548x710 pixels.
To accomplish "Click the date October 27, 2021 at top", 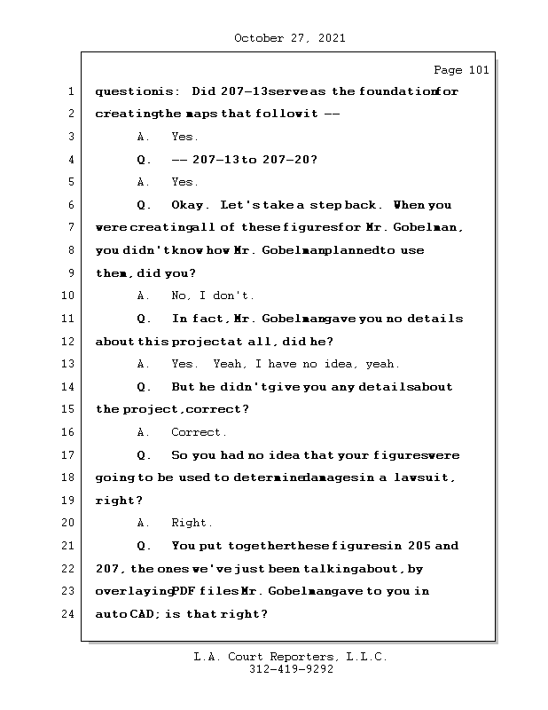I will point(289,38).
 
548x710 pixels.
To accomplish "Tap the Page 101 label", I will point(460,70).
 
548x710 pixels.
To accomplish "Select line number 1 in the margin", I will point(70,91).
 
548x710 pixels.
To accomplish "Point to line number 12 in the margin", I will point(68,342).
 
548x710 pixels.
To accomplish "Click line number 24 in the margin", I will point(68,614).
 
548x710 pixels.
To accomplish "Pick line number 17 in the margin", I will point(68,455).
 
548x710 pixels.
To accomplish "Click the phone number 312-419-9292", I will point(291,670).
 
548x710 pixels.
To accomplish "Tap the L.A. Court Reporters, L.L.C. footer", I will point(291,657).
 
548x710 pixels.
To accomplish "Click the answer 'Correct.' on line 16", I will point(199,433).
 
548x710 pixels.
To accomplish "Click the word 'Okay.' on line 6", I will point(191,205).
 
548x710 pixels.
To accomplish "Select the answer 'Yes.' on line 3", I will point(184,138).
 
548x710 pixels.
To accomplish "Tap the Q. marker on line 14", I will point(145,387).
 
